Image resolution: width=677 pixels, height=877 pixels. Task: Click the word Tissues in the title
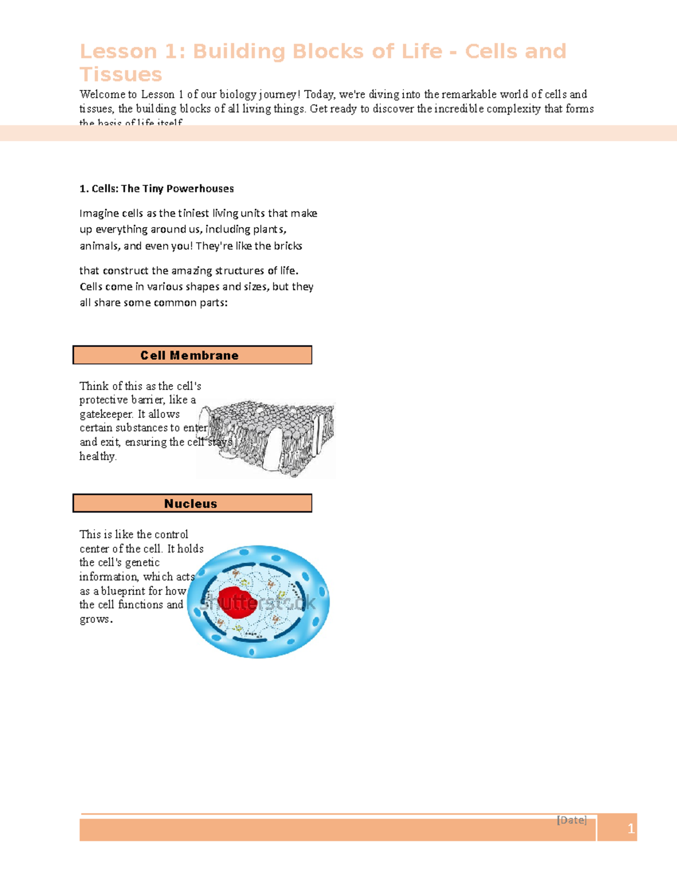pyautogui.click(x=121, y=75)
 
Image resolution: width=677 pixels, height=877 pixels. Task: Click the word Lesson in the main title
pyautogui.click(x=118, y=51)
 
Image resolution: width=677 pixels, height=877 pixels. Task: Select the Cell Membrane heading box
pyautogui.click(x=192, y=355)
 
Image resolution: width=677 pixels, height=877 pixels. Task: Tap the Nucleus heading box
pyautogui.click(x=192, y=503)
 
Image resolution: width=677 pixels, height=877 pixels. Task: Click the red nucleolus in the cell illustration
pyautogui.click(x=236, y=603)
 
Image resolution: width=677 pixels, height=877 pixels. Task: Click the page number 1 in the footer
pyautogui.click(x=631, y=828)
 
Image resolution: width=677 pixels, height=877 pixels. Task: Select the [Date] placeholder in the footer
pyautogui.click(x=572, y=820)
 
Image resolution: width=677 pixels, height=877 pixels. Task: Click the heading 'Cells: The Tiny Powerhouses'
pyautogui.click(x=157, y=189)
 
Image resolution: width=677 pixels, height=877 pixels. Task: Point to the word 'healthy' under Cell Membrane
pyautogui.click(x=97, y=456)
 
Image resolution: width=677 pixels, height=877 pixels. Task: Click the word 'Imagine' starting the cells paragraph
pyautogui.click(x=99, y=213)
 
